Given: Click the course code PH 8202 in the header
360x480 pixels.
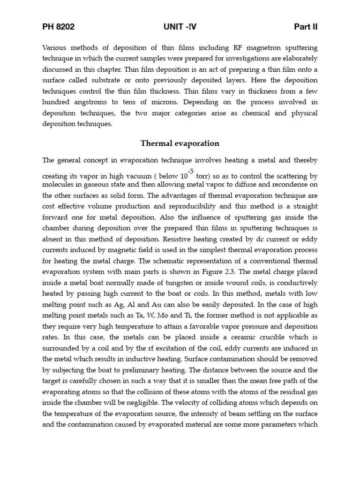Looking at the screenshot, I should [x=58, y=27].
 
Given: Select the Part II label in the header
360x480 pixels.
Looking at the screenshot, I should [x=306, y=27].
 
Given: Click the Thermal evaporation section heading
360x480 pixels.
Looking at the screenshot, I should [x=180, y=143].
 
